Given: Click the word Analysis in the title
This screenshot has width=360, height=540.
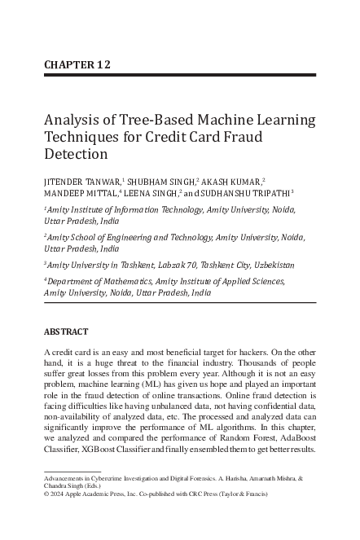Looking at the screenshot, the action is pyautogui.click(x=72, y=121).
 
